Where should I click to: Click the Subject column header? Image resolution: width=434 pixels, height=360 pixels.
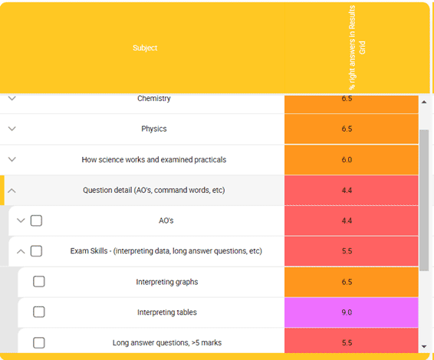coord(145,47)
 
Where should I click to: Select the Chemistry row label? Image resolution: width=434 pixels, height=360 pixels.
coord(154,99)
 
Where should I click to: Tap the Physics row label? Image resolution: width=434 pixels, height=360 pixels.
coord(154,129)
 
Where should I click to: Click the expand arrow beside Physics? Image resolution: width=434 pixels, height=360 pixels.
coord(12,129)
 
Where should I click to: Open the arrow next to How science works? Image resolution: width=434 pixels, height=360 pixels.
coord(12,159)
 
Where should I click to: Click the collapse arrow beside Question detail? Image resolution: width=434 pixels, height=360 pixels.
coord(12,191)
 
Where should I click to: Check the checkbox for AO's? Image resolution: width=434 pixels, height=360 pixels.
coord(36,221)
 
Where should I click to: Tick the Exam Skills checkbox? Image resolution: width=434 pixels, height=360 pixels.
coord(36,251)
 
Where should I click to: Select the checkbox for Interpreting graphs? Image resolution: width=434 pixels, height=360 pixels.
coord(39,281)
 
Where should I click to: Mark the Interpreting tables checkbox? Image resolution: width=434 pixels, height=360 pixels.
coord(39,312)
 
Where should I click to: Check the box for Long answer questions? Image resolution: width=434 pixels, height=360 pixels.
coord(39,342)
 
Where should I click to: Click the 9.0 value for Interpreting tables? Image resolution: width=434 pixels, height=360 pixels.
coord(347,313)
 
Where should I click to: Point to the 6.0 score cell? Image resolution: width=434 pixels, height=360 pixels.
coord(347,160)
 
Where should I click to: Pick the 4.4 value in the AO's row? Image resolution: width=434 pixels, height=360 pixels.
coord(347,221)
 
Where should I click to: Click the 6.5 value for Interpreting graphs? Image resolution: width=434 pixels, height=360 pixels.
coord(347,282)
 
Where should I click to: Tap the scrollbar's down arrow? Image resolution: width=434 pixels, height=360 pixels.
coord(424,346)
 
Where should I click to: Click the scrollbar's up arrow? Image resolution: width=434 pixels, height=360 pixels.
coord(424,102)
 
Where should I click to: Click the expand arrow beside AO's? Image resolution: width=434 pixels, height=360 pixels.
coord(21,221)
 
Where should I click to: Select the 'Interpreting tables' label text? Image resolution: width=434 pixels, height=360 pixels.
coord(167,313)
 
